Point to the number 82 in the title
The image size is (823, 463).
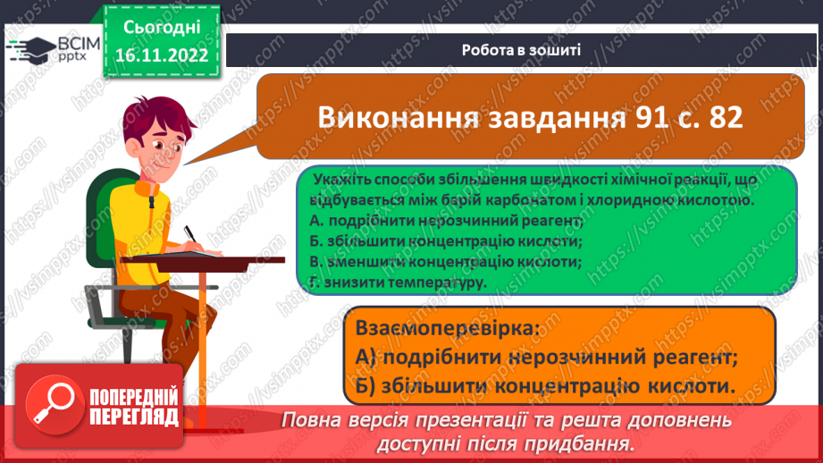(x=722, y=118)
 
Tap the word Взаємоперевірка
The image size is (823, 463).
(x=447, y=328)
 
